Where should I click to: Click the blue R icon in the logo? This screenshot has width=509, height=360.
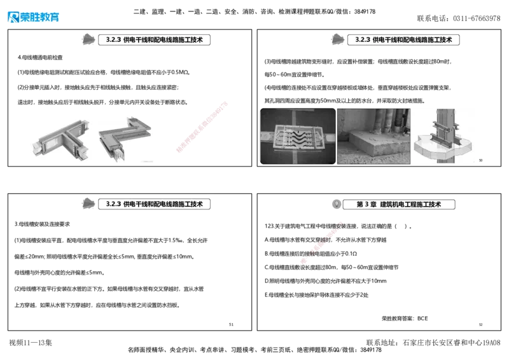[13, 17]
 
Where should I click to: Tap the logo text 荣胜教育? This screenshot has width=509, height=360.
[40, 17]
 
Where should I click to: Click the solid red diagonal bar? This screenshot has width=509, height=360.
[201, 125]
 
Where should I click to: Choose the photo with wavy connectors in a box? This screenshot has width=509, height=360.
[298, 137]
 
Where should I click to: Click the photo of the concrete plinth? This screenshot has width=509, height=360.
[373, 137]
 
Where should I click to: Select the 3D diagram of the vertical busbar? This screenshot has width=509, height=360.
[444, 137]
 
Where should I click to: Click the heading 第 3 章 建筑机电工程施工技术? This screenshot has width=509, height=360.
[399, 204]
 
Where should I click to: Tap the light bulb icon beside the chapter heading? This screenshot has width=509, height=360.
[335, 204]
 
